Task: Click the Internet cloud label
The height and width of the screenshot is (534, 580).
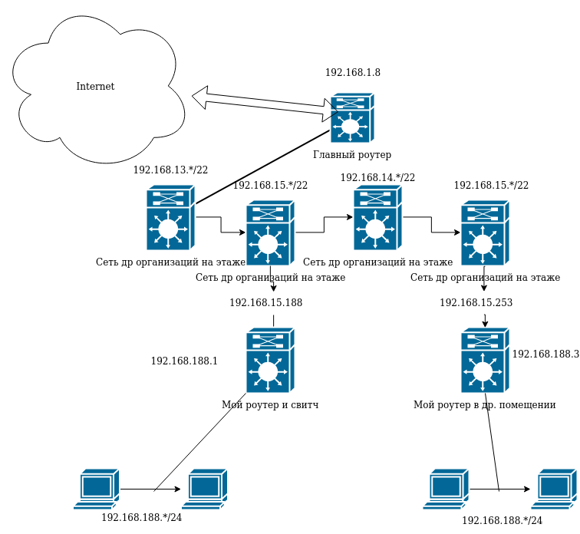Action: point(95,87)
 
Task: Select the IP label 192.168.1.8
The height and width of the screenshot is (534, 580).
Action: point(352,73)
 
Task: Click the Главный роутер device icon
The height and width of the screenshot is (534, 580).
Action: point(351,118)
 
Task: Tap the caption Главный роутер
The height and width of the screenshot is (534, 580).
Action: point(352,155)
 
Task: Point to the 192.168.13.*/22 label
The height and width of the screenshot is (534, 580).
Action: point(170,170)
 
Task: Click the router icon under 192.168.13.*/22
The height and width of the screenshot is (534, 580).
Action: point(170,218)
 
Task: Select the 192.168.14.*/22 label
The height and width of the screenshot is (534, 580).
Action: point(377,178)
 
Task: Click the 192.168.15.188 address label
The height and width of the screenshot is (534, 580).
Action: point(265,303)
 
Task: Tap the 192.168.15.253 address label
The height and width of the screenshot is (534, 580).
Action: point(476,303)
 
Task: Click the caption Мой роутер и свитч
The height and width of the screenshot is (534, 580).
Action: point(269,405)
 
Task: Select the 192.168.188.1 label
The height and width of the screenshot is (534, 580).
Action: point(184,361)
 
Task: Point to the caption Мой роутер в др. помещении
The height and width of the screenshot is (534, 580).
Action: point(484,405)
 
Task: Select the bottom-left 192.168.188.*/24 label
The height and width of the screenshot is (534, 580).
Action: point(141,518)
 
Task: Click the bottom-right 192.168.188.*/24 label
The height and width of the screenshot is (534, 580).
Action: point(502,521)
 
